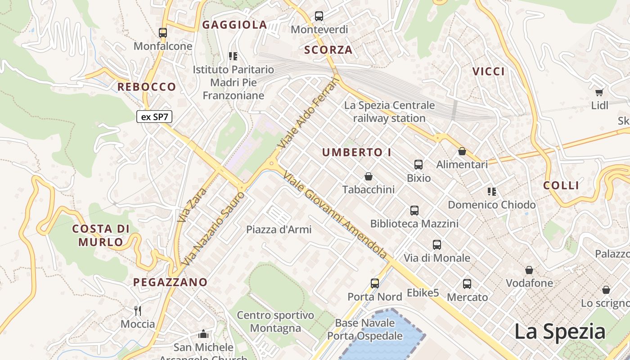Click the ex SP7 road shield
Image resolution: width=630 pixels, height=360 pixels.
coord(154,117)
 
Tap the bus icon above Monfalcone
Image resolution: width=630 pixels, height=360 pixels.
coord(163,33)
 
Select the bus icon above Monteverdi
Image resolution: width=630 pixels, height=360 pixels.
coord(319,16)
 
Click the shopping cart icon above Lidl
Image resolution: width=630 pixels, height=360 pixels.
coord(599,92)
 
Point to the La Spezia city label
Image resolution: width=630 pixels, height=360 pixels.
coord(560,332)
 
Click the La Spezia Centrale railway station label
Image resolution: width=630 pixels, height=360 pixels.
coord(389,112)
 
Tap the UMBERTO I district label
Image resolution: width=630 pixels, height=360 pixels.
coord(357,153)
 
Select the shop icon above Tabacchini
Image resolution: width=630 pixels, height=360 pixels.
coord(369,176)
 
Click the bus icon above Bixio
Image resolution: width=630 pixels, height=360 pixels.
coord(418,165)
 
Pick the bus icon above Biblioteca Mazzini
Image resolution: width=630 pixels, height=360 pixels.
coord(414,210)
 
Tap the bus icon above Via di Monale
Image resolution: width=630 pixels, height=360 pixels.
coord(437,245)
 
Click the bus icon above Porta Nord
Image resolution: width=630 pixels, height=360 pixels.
coord(375,283)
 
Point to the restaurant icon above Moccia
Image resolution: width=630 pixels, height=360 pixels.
coord(138,310)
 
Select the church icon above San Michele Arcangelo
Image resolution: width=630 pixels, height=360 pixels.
coord(203,334)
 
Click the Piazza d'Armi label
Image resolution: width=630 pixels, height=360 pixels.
coord(279,229)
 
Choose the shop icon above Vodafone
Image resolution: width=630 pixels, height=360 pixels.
coord(529,270)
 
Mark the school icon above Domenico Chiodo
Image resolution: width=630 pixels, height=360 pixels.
coord(491,192)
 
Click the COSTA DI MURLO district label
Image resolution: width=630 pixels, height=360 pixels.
coord(101,235)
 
